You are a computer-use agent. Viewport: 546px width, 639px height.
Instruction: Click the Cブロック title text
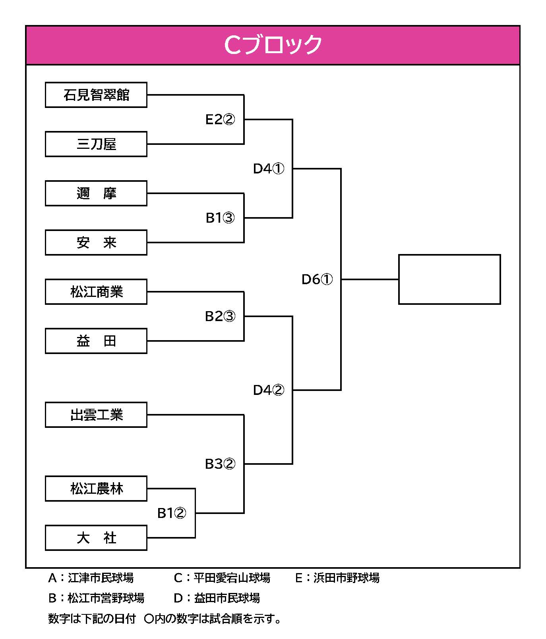[273, 45]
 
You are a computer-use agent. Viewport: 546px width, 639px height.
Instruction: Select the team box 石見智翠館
[96, 95]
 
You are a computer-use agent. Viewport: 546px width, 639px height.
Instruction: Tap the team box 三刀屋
[96, 144]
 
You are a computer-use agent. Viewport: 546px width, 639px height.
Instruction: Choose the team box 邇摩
[96, 193]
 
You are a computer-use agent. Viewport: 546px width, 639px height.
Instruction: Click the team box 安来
[96, 243]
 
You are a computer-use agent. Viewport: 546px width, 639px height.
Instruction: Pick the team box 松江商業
[96, 292]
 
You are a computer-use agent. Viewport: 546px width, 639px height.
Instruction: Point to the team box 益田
[96, 341]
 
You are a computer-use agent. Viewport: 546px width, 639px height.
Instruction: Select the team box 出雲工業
[96, 415]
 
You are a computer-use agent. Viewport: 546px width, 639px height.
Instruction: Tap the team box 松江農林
[96, 489]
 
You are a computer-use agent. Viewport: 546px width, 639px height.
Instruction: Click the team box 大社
[96, 538]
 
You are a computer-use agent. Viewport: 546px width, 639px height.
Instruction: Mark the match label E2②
[220, 119]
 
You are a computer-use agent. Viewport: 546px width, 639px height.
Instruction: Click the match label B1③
[220, 217]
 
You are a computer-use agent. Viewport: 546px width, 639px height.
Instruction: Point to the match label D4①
[269, 168]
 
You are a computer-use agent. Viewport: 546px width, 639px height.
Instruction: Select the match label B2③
[220, 316]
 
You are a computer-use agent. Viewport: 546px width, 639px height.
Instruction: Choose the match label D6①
[317, 279]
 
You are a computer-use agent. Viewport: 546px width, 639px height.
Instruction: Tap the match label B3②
[220, 464]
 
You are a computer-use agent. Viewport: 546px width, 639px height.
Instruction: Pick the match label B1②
[172, 513]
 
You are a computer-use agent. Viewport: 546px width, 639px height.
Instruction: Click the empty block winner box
[449, 279]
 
